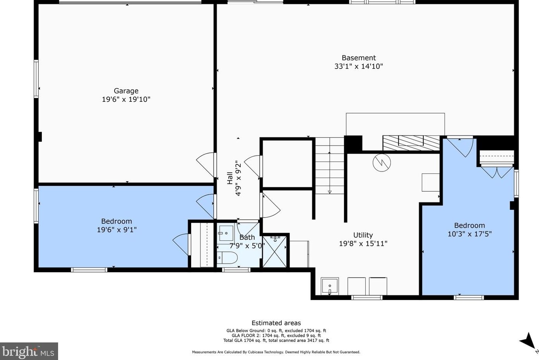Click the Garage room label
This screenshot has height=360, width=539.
126,91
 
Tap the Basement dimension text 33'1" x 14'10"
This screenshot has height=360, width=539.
359,66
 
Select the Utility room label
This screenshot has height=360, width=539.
363,235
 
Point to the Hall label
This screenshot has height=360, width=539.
230,178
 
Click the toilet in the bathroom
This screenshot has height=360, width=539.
227,258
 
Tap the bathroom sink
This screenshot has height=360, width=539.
226,233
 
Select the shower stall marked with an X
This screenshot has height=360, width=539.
275,252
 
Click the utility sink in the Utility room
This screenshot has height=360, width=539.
330,286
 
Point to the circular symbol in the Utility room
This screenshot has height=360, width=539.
382,163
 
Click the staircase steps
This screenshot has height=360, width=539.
329,166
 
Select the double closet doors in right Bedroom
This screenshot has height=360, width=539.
497,172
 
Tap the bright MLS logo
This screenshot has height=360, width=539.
29,351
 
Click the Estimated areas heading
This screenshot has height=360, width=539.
276,323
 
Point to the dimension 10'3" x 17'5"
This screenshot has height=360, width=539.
469,234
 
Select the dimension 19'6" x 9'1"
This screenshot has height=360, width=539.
117,230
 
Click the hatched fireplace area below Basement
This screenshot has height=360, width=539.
411,143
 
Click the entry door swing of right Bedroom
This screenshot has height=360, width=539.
460,147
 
